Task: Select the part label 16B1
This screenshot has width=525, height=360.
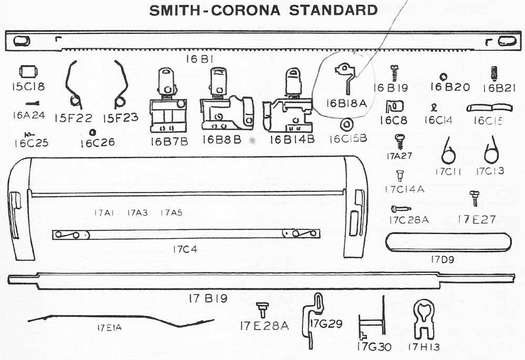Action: click(x=200, y=59)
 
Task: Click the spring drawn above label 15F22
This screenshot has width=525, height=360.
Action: click(x=73, y=84)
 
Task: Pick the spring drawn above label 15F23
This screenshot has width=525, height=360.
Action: click(x=120, y=84)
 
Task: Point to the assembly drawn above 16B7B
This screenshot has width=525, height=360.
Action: click(x=168, y=102)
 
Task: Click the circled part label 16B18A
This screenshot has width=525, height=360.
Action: click(x=345, y=103)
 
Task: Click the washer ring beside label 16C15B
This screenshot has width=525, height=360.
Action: click(x=346, y=125)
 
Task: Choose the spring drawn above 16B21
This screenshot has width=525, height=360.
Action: click(x=493, y=73)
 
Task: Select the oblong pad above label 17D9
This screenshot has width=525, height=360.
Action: click(x=448, y=243)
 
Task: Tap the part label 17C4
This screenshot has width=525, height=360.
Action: click(x=184, y=249)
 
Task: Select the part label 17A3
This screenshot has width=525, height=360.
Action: click(x=137, y=213)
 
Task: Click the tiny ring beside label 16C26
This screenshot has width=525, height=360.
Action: click(x=92, y=132)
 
